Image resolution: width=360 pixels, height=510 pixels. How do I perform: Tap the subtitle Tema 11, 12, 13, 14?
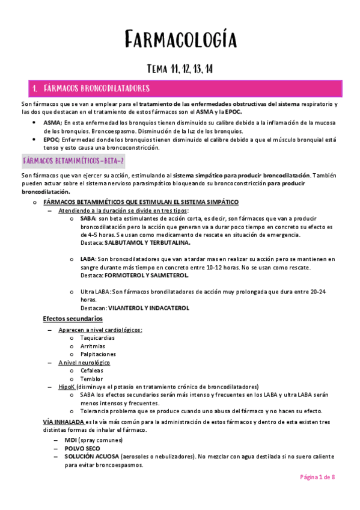pos(180,70)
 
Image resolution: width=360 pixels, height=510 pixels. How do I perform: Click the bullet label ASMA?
pos(52,122)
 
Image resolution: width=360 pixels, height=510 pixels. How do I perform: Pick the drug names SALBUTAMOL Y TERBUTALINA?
pos(147,243)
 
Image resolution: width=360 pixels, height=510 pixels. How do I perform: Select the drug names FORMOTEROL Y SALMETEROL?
pos(146,275)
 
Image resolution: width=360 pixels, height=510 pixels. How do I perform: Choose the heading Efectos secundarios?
pos(73,318)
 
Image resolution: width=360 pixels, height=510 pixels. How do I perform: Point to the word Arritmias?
pos(92,346)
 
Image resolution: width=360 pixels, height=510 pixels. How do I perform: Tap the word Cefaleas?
pos(91,370)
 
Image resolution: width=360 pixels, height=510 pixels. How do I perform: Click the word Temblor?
pos(91,379)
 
